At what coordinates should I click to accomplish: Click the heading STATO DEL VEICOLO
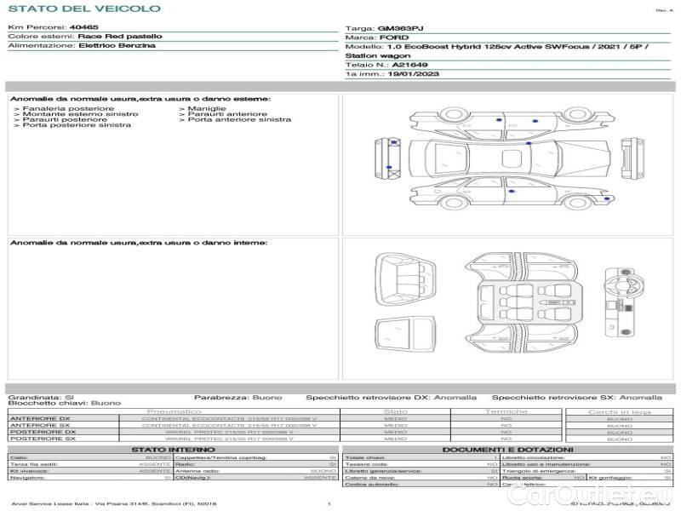(x=83, y=9)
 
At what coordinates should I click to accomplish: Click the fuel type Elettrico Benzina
(x=117, y=46)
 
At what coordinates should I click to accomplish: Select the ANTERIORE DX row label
(x=40, y=418)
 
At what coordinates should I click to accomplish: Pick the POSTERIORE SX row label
(x=42, y=439)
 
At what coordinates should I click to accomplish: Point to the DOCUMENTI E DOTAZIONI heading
(x=507, y=450)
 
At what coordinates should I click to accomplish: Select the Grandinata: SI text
(x=41, y=397)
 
